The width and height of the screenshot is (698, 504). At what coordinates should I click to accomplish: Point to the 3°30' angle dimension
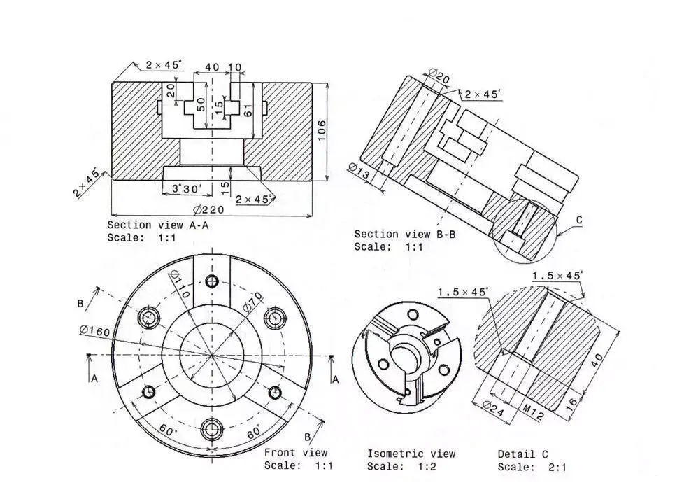[187, 188]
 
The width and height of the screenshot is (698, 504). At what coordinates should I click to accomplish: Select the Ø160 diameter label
[94, 330]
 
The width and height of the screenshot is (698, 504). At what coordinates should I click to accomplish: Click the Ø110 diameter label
[178, 286]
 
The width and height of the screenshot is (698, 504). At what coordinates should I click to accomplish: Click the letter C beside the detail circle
[579, 220]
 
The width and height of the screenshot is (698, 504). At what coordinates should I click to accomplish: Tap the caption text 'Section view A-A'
[157, 225]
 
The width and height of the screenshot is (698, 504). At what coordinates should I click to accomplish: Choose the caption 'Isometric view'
[411, 454]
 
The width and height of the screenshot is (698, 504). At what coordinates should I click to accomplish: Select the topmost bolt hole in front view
[211, 282]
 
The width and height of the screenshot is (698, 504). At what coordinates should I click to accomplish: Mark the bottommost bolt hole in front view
[211, 428]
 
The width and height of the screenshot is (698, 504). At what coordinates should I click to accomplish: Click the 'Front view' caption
[295, 453]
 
